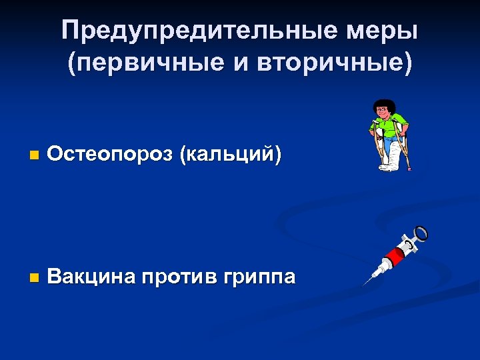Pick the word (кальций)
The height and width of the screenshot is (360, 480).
pyautogui.click(x=229, y=155)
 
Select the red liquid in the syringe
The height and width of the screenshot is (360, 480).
pyautogui.click(x=394, y=255)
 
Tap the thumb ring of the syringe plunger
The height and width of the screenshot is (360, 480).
pyautogui.click(x=422, y=233)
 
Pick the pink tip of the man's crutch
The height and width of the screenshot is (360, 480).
pyautogui.click(x=409, y=168)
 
